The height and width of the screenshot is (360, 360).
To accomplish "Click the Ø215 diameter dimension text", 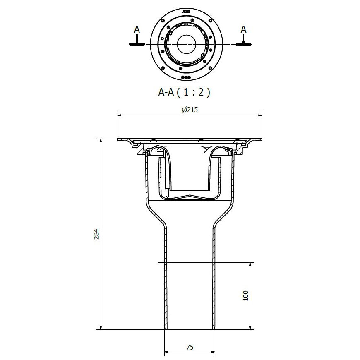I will [190, 110].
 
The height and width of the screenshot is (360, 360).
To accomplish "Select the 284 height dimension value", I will [96, 234].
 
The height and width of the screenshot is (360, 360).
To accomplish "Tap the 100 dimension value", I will [245, 296].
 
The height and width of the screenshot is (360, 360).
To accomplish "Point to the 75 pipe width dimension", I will [190, 347].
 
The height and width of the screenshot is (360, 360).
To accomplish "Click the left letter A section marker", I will [137, 30].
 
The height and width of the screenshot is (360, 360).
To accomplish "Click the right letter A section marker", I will [244, 30].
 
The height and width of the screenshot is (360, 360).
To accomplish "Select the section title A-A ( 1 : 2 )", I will [184, 92].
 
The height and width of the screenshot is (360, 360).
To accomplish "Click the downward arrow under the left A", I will [137, 41].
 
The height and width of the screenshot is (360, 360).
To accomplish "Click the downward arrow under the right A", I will [244, 41].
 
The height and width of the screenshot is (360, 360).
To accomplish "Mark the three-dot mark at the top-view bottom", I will [186, 77].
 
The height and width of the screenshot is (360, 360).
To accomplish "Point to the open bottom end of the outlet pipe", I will [190, 329].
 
